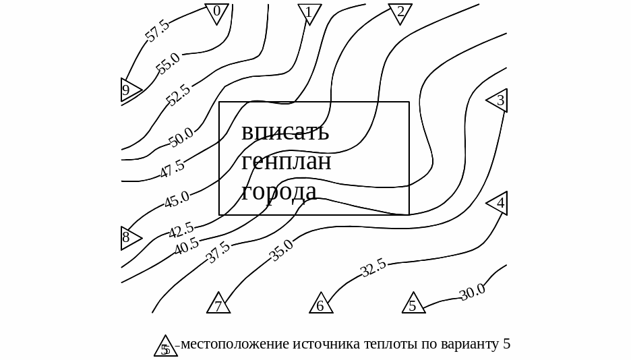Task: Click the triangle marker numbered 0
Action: point(216,12)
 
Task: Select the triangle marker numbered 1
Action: point(309,13)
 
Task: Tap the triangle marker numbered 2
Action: point(400,12)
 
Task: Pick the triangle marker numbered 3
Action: point(498,100)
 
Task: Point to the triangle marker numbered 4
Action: point(498,203)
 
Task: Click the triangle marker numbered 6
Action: point(321,305)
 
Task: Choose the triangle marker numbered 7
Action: point(218,305)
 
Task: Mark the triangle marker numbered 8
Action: point(128,238)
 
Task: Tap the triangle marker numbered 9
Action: point(128,90)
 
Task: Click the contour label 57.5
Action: point(158,31)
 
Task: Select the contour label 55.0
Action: point(168,63)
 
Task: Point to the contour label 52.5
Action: point(179,94)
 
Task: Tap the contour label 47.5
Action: point(172,169)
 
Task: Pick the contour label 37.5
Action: point(218,252)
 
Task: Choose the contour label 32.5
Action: point(373,268)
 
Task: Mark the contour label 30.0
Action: point(472,292)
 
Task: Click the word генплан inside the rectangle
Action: point(286,162)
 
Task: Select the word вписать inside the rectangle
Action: point(285,131)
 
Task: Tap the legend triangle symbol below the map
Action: point(165,346)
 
